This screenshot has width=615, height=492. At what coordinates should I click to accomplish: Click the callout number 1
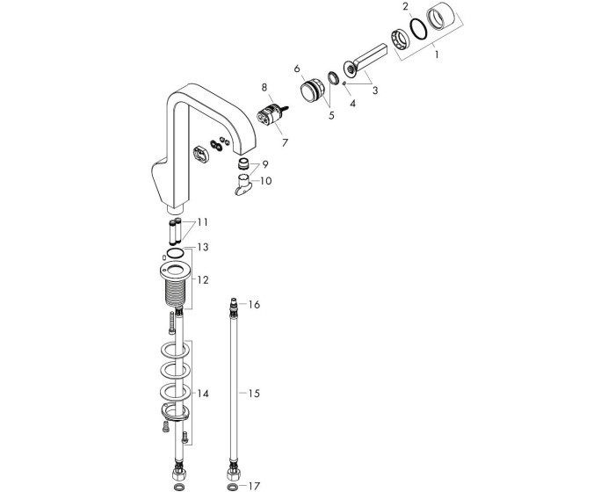(437, 54)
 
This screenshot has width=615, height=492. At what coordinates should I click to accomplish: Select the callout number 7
(285, 142)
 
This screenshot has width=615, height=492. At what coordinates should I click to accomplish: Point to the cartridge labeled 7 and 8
(271, 114)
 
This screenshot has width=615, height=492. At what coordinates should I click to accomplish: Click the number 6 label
(297, 69)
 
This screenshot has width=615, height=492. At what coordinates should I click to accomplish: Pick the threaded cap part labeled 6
(311, 90)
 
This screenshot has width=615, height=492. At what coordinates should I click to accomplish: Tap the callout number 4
(352, 103)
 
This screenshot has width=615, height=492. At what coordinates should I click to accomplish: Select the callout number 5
(331, 116)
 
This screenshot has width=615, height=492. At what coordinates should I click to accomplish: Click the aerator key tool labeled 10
(242, 184)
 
